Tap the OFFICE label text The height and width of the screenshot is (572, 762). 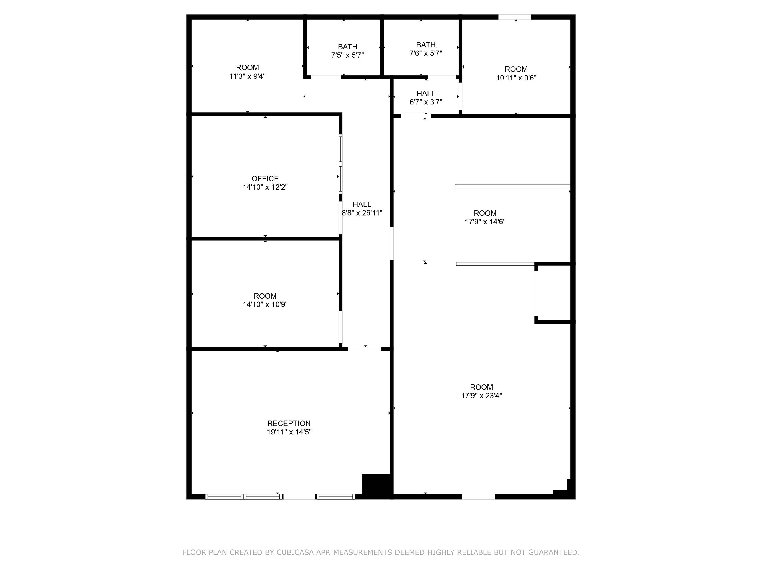265,178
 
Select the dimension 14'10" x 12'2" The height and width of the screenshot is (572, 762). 265,187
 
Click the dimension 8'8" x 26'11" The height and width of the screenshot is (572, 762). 362,213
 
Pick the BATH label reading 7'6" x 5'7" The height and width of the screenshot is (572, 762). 425,49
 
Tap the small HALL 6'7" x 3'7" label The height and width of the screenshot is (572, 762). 426,98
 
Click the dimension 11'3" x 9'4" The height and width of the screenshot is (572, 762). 247,76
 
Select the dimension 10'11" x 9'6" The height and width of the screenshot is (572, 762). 516,78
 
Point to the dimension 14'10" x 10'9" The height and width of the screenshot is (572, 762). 265,304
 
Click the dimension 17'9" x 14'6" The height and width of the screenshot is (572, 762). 485,222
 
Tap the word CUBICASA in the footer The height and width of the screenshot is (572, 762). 295,552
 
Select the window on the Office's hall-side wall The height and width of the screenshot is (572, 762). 340,164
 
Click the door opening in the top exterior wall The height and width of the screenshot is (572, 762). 514,17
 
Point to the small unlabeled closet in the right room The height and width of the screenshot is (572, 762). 554,293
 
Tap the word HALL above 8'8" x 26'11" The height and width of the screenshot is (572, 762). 362,204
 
